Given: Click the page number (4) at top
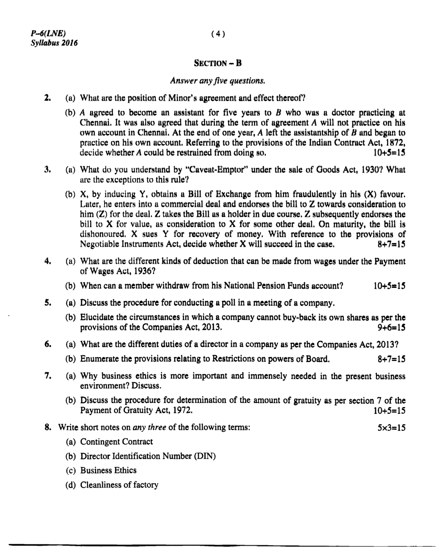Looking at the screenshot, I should [218, 34].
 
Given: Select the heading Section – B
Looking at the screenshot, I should [218, 63].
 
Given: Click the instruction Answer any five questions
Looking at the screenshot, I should [218, 81].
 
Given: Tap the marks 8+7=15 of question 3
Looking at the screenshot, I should [391, 244].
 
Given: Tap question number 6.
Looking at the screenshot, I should [48, 345].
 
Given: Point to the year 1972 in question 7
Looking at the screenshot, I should [184, 410].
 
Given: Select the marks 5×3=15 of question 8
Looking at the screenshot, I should [391, 427].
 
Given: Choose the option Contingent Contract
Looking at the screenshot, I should [116, 442].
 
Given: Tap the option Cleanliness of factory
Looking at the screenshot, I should [119, 485].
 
